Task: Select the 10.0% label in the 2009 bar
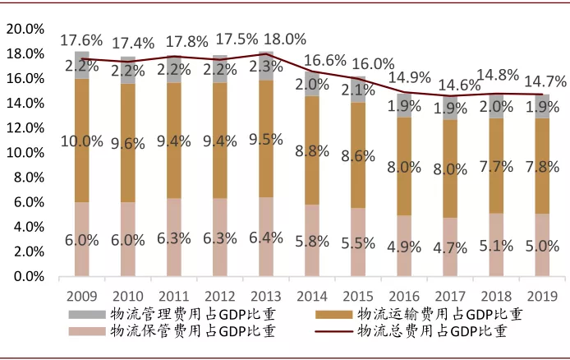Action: coord(80,141)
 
